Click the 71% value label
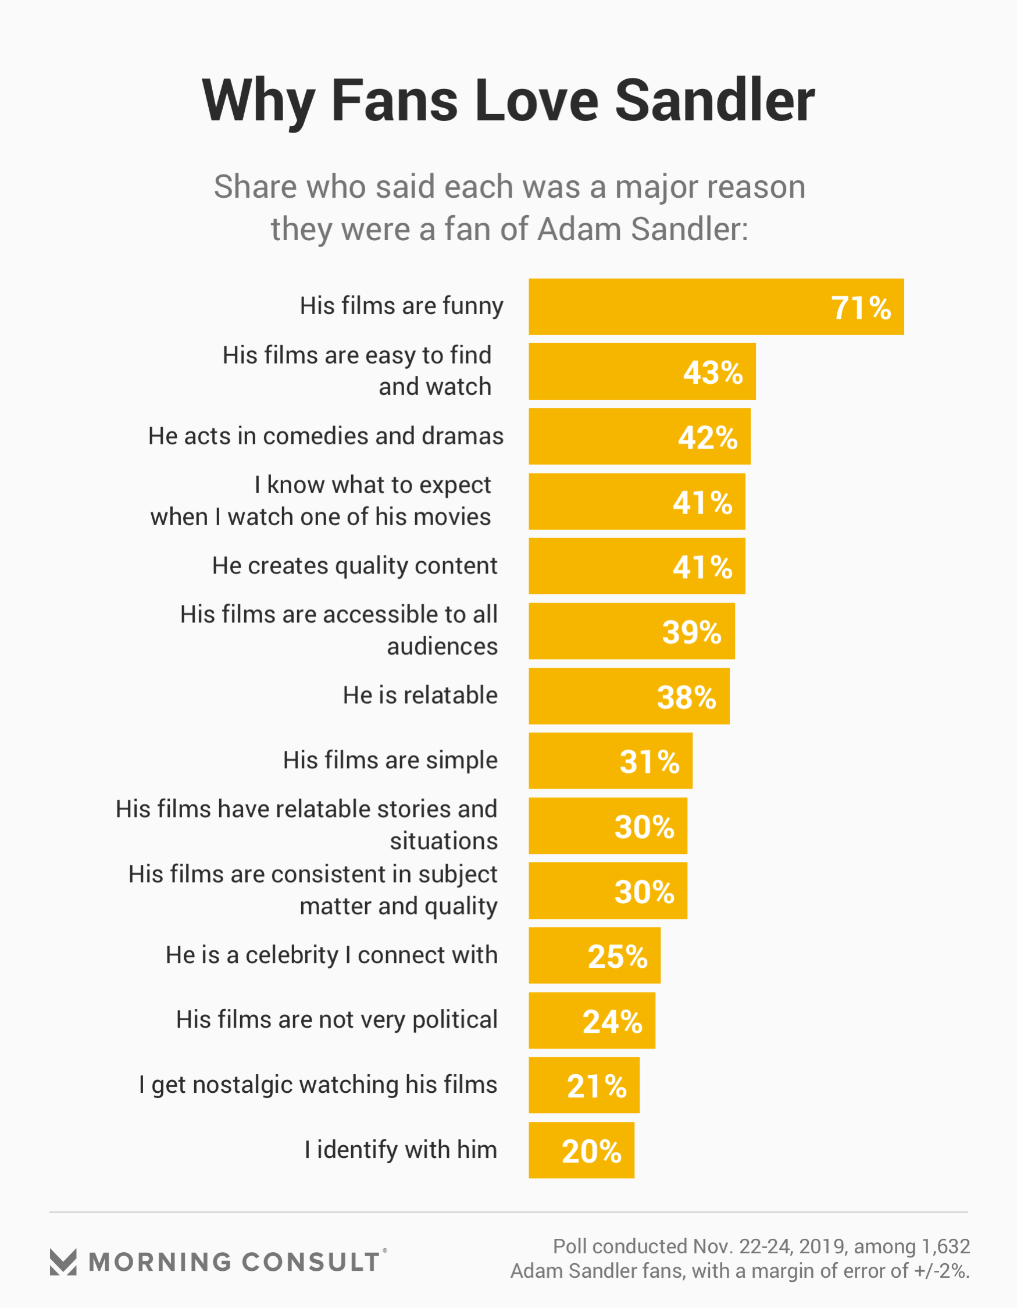[861, 308]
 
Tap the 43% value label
[713, 373]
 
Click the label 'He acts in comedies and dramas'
[326, 436]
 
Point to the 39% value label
[692, 632]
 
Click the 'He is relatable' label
[420, 696]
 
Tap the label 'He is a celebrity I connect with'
[331, 955]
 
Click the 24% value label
[612, 1021]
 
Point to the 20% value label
[591, 1150]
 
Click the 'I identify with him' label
[401, 1150]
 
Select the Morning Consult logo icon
[63, 1263]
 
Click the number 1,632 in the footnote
[945, 1246]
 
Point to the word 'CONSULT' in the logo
[311, 1263]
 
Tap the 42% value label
[707, 437]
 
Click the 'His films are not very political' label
[337, 1020]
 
